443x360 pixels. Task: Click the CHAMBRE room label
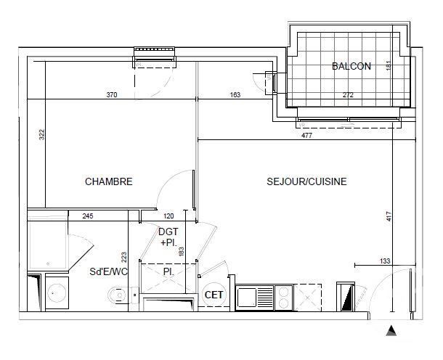pos(109,181)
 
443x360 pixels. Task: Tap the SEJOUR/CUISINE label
pos(306,181)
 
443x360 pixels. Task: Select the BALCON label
pos(351,66)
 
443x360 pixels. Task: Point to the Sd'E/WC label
pos(108,271)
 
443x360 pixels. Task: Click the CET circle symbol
pos(214,295)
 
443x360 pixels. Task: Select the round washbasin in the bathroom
pos(57,293)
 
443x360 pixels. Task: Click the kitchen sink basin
pos(246,297)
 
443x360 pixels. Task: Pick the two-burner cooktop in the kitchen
pos(283,297)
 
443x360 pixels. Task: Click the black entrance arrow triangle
pos(391,331)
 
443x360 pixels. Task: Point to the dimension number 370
pos(112,94)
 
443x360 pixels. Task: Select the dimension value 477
pos(306,136)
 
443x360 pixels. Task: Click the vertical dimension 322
pos(42,134)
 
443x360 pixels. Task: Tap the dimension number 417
pos(389,216)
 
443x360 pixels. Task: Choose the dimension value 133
pos(385,261)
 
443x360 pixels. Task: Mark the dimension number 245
pos(88,216)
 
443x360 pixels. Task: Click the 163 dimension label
pos(235,94)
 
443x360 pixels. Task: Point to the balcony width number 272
pos(348,95)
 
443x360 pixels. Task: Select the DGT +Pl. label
pos(168,237)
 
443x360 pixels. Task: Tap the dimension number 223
pos(124,257)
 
